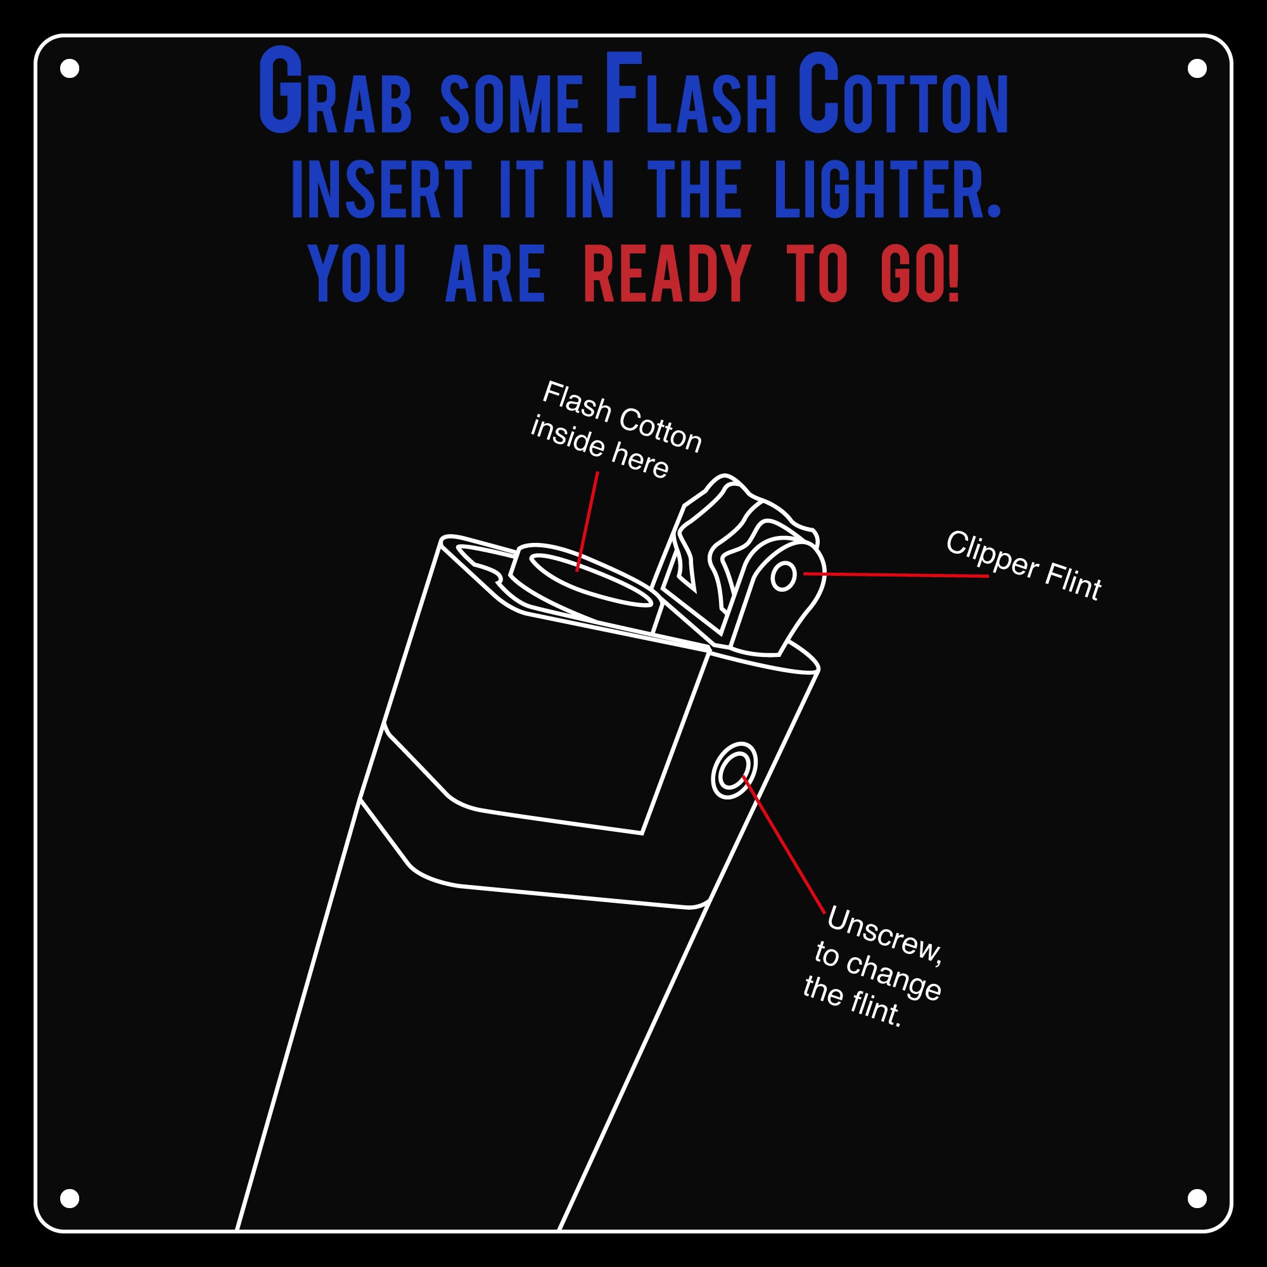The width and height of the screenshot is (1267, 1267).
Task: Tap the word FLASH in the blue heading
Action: tap(689, 95)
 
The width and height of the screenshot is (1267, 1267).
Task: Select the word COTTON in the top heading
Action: tap(902, 95)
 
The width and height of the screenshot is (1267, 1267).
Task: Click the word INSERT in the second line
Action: tap(381, 190)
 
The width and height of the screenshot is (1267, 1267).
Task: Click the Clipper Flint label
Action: tap(1023, 565)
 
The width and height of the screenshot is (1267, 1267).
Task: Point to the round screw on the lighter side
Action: tap(734, 770)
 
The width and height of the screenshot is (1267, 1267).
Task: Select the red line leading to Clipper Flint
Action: tap(895, 575)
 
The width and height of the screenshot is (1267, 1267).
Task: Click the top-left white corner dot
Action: tap(70, 68)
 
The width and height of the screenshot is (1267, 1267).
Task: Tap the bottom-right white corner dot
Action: tap(1197, 1198)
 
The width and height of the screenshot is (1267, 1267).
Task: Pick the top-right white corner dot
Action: tap(1197, 68)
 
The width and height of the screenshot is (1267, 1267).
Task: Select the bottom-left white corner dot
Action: tap(70, 1198)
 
